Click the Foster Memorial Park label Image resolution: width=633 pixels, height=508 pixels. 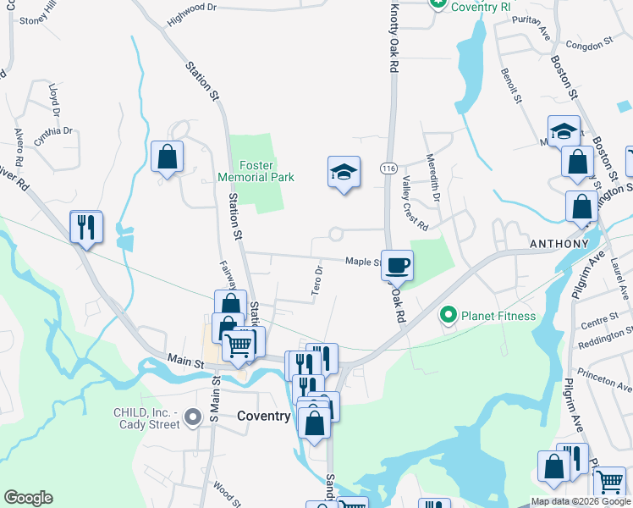[x=256, y=171]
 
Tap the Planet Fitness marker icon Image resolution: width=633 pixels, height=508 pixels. [x=449, y=316]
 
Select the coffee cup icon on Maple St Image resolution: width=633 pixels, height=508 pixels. [x=397, y=265]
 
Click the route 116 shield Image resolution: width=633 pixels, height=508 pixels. [x=389, y=169]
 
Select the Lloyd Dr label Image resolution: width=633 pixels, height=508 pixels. [x=55, y=98]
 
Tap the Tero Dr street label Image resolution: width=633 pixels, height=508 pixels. [x=318, y=280]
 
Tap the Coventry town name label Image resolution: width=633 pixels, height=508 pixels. [x=263, y=417]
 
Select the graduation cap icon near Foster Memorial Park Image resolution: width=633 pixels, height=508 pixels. [x=344, y=172]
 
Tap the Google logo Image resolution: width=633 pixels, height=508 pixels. [x=28, y=498]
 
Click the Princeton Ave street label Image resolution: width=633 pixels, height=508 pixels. [x=603, y=375]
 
